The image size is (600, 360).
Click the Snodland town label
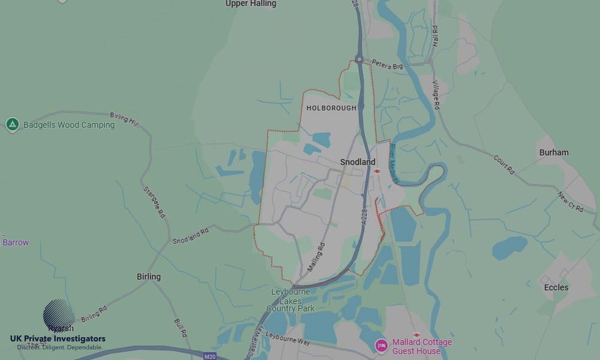358,162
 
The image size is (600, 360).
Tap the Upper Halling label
251,4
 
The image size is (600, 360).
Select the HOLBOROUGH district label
331,108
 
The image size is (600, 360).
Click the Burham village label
554,152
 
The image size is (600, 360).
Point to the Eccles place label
556,287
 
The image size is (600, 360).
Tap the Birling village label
149,277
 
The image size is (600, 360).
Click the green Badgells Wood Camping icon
12,125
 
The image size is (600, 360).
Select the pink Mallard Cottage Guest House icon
381,346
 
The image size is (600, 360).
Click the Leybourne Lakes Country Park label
291,300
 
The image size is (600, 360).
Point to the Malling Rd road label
316,257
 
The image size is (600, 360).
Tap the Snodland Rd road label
190,236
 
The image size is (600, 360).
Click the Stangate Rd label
154,202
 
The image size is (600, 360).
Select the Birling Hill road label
124,119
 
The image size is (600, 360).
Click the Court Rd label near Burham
504,165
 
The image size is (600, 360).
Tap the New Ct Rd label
571,202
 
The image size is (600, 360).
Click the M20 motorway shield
209,356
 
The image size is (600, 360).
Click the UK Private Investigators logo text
58,339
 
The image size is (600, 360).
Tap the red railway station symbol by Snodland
377,171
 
